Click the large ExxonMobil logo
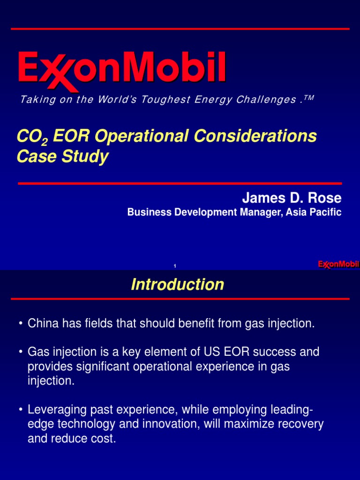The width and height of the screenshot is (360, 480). pos(122,70)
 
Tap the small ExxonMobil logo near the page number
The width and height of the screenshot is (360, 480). pos(338,264)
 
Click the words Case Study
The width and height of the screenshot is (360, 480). pos(62,157)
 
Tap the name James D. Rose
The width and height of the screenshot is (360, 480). pos(292,198)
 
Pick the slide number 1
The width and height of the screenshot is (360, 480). pos(174,266)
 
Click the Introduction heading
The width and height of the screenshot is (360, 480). pos(178,285)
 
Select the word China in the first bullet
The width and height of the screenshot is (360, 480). pos(41,323)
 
